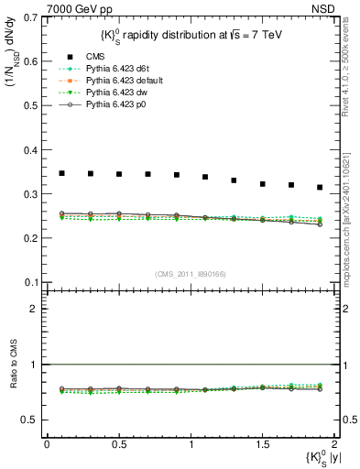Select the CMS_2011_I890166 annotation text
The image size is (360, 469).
pyautogui.click(x=190, y=273)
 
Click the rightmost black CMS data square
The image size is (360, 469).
pyautogui.click(x=320, y=187)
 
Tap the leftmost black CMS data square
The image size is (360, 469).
pyautogui.click(x=61, y=172)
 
